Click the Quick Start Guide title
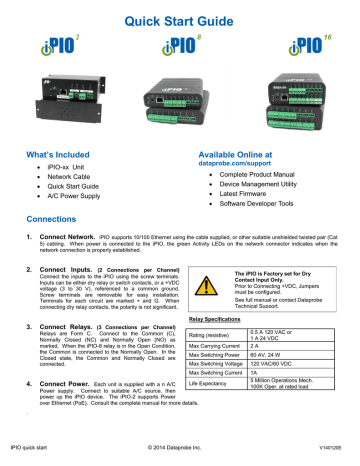tap(180, 15)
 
